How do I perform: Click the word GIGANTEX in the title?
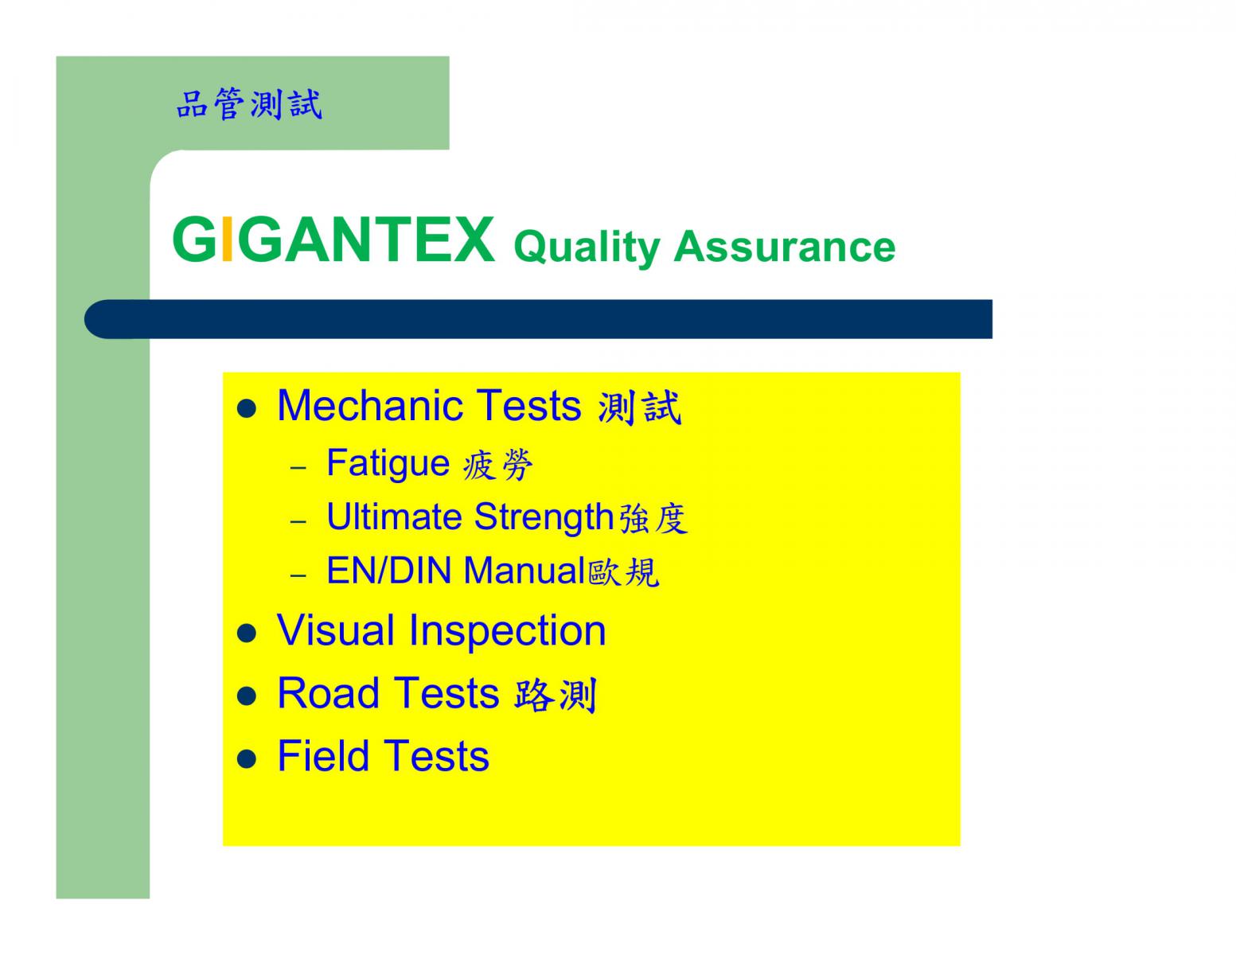coord(333,240)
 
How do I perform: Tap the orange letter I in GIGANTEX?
coord(227,240)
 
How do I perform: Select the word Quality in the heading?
coord(587,248)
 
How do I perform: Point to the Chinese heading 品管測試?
coord(249,104)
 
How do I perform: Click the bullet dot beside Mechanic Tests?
coord(246,409)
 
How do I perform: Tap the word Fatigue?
coord(388,463)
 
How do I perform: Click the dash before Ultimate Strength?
coord(298,521)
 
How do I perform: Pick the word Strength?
coord(544,518)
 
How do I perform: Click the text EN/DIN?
coord(389,571)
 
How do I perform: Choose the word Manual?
coord(524,571)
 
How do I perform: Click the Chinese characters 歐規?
coord(623,572)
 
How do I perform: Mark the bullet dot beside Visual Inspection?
coord(246,633)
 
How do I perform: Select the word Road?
coord(328,693)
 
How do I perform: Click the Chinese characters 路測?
coord(556,695)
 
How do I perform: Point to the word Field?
coord(323,756)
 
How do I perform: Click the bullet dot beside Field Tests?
coord(246,759)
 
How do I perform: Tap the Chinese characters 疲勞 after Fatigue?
coord(497,465)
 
